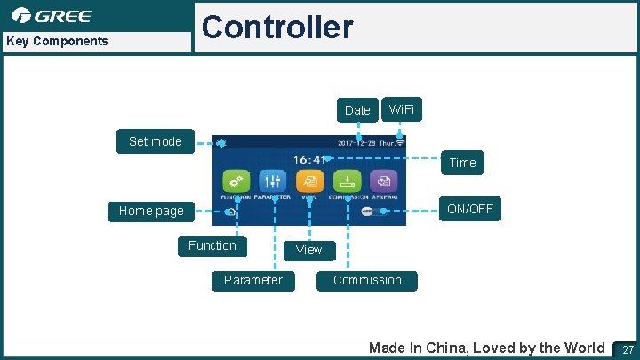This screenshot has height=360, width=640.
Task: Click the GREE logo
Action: point(52,16)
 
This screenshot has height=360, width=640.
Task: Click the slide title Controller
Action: point(276,28)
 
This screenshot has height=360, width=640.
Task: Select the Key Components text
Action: point(57,41)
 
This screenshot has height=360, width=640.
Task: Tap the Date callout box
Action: point(357,110)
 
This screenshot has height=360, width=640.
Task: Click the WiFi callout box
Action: point(401,108)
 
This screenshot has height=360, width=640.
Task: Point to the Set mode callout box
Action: point(155,141)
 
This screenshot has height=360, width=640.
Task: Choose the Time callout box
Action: point(462,163)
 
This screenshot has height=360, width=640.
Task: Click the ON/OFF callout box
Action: point(471,210)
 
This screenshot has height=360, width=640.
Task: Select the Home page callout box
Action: point(151,211)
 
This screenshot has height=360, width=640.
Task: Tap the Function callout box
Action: point(212,245)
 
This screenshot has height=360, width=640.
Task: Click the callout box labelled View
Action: point(308,250)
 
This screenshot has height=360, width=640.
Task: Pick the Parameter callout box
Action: point(253,280)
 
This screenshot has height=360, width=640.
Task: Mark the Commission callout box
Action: point(367,280)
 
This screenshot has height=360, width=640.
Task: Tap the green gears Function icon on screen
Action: point(235,180)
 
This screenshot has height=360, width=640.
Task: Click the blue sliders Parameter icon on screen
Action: point(272,180)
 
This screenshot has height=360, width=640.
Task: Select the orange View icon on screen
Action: point(309,180)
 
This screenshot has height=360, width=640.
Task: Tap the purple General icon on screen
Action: point(383,180)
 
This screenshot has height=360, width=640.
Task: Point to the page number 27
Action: point(628,349)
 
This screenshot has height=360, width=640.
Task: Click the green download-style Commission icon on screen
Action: point(347,180)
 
